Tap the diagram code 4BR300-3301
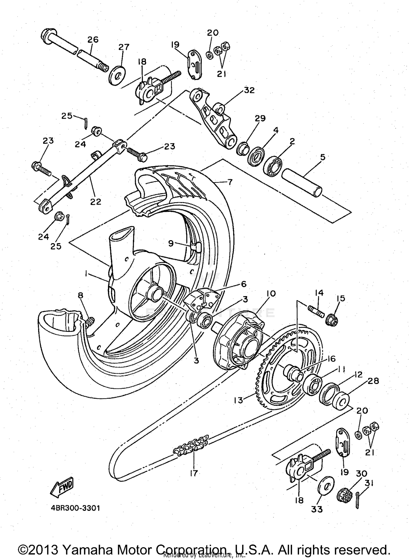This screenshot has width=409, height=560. coord(75,508)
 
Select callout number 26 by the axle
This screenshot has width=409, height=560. coord(93,40)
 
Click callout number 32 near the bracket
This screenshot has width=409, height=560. coord(249,90)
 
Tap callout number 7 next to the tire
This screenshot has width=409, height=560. coord(230,182)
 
